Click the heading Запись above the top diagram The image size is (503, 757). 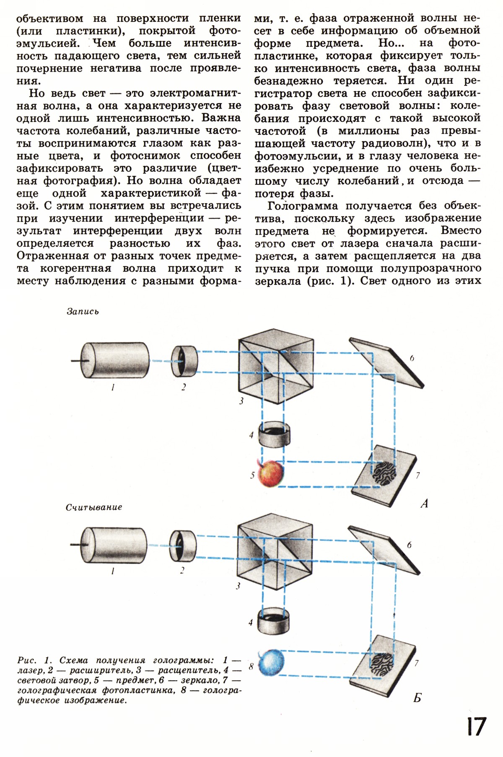pos(83,312)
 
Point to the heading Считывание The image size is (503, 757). pos(94,507)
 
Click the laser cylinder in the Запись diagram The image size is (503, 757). pos(114,361)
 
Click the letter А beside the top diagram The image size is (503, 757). pos(424,503)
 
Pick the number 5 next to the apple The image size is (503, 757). pos(252,475)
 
